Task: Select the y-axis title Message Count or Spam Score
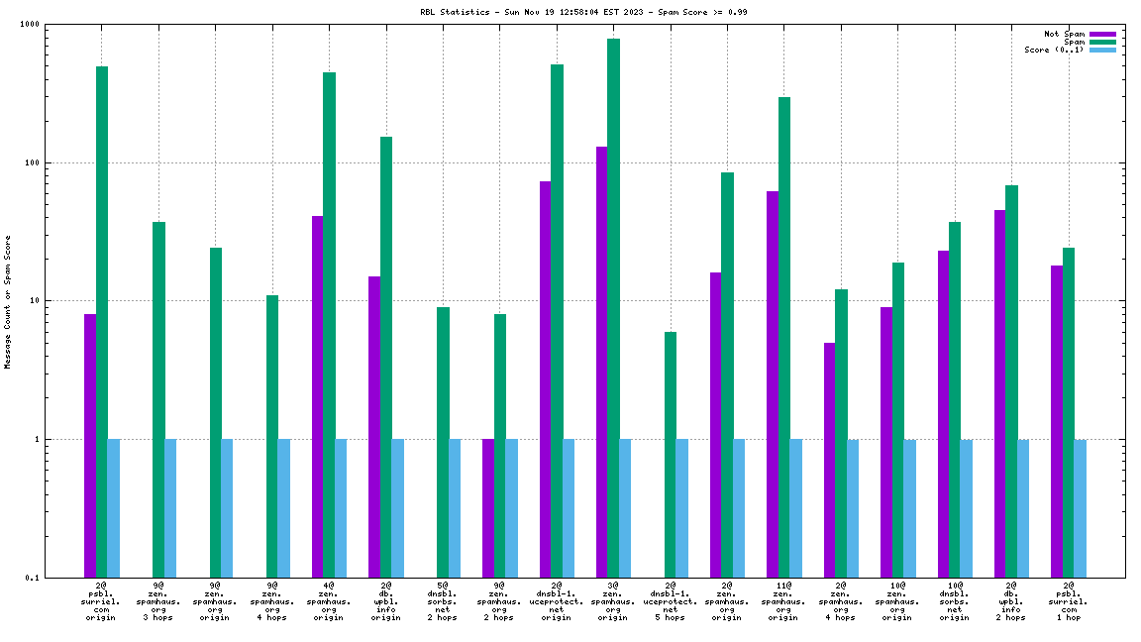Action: tap(8, 302)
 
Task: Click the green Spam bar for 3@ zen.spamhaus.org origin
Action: tap(614, 307)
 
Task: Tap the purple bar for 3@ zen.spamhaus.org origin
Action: tap(602, 362)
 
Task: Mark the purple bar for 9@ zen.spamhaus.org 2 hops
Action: tap(488, 507)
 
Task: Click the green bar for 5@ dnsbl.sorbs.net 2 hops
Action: tap(444, 442)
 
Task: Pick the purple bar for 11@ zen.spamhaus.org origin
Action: tap(773, 383)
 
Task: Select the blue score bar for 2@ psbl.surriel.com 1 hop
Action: tap(1081, 507)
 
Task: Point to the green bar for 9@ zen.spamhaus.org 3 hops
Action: tap(158, 399)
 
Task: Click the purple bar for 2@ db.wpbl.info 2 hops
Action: tap(1000, 393)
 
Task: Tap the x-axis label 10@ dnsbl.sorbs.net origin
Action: tap(954, 601)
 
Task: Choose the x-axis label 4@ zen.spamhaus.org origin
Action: tap(329, 601)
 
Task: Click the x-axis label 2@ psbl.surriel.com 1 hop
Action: tap(1068, 601)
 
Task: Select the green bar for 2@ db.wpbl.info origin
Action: tap(386, 357)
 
